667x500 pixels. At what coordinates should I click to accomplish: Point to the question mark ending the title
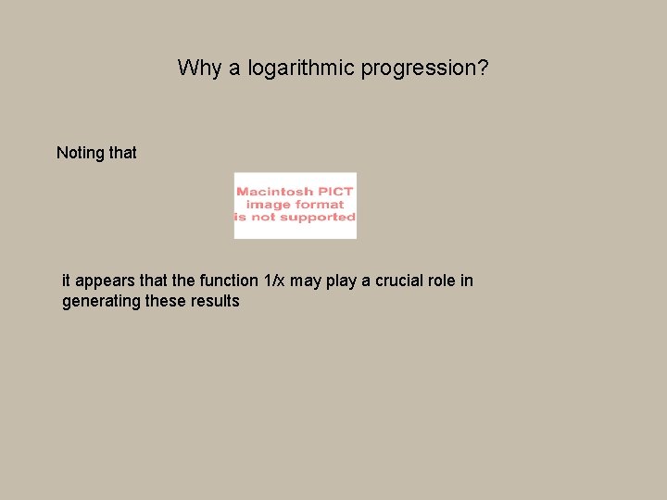(483, 69)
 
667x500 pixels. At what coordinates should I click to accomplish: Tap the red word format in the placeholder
(321, 205)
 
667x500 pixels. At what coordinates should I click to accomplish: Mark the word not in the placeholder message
(267, 218)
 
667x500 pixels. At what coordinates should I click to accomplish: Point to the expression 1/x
(275, 281)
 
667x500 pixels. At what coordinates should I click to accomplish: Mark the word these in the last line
(167, 302)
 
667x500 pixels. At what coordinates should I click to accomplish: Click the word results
(217, 302)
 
